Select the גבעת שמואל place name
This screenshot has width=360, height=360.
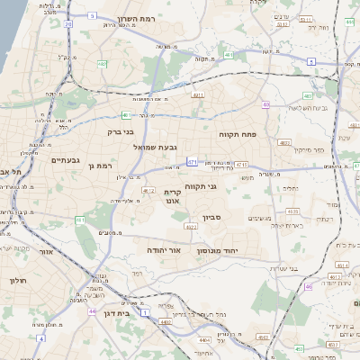click(159, 147)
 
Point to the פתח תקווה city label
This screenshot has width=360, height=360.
click(238, 132)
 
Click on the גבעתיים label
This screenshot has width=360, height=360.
click(65, 160)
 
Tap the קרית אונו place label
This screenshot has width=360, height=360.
click(173, 198)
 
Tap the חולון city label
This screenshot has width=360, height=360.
click(17, 281)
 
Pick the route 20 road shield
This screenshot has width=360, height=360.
click(68, 24)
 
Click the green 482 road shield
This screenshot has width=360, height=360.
click(308, 94)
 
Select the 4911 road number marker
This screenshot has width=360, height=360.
click(198, 94)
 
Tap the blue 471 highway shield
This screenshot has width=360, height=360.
click(192, 162)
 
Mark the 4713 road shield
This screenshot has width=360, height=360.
click(241, 165)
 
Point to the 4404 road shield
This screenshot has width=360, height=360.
click(205, 339)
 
